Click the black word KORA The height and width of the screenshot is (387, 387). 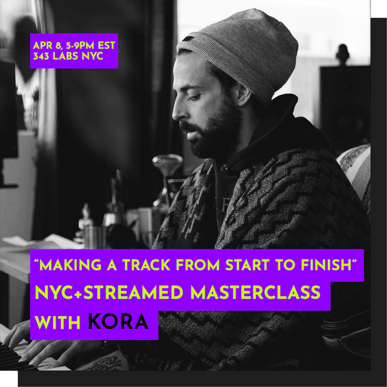click(118, 321)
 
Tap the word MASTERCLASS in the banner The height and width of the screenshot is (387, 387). click(255, 292)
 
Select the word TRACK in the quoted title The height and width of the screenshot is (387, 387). click(146, 265)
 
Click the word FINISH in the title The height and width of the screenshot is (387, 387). click(326, 265)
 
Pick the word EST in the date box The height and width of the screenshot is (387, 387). click(106, 46)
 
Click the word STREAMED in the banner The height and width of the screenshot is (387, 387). click(133, 292)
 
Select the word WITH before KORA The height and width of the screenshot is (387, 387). click(57, 322)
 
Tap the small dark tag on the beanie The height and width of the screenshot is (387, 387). click(188, 39)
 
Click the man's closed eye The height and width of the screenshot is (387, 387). click(194, 98)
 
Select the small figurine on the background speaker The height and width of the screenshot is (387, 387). click(343, 54)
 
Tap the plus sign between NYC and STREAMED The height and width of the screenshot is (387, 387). click(79, 293)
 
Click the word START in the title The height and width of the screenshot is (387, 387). click(247, 265)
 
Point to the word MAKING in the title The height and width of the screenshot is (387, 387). click(70, 265)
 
